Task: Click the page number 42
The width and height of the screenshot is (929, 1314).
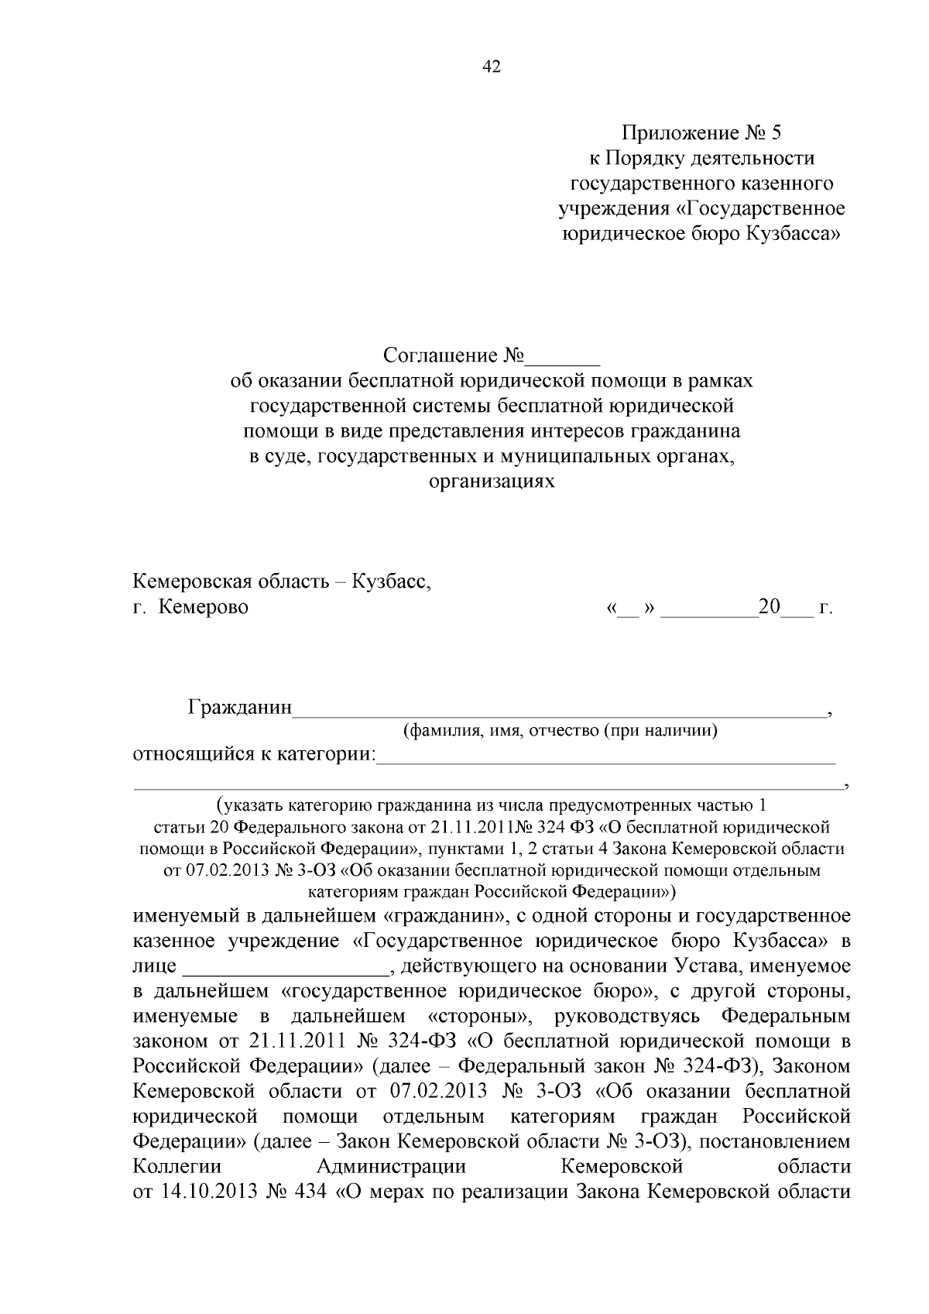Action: (492, 67)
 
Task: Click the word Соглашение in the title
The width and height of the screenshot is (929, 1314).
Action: (439, 355)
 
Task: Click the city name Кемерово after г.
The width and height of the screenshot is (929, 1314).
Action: (204, 607)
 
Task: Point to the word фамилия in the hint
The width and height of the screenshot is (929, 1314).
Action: (442, 730)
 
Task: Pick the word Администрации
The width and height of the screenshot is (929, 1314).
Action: (391, 1166)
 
